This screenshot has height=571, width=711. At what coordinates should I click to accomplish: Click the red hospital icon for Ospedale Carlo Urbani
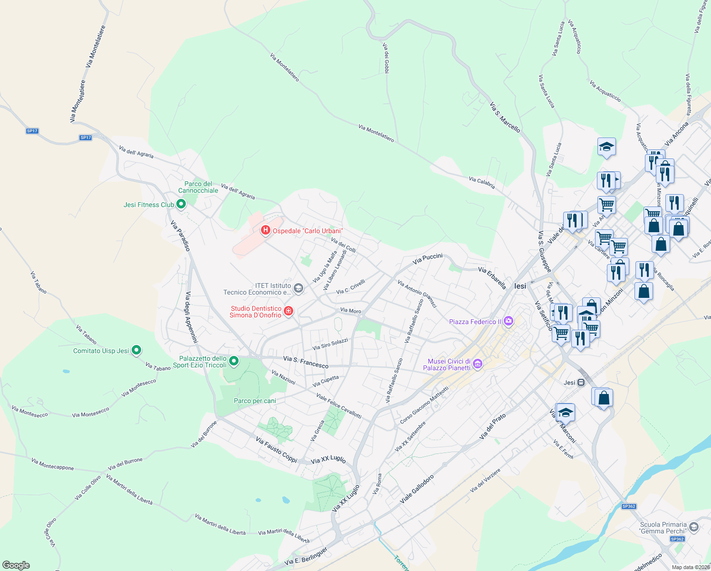tap(266, 231)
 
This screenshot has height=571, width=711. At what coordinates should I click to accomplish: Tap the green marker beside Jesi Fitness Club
tap(181, 205)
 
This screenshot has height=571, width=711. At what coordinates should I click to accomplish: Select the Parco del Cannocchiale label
tap(198, 187)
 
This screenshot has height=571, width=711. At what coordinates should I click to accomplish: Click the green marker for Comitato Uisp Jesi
tap(136, 351)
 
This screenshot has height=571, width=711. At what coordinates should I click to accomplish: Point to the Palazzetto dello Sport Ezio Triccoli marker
tap(234, 362)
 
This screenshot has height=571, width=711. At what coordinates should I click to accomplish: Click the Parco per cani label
tap(255, 401)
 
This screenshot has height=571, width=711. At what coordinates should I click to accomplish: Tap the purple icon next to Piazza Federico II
tap(509, 322)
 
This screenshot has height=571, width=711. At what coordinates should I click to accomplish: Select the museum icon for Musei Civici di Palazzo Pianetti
tap(478, 364)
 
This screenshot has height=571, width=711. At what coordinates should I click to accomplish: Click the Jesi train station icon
tap(581, 383)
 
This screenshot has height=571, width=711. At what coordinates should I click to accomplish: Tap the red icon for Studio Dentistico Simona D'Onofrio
tap(288, 312)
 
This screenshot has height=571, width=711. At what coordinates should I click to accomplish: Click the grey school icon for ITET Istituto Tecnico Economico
tap(298, 288)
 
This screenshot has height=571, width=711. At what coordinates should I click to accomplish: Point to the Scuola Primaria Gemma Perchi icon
tap(693, 527)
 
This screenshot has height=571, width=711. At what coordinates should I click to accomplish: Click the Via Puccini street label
tap(427, 258)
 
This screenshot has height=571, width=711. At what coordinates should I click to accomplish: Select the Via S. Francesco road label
tap(306, 362)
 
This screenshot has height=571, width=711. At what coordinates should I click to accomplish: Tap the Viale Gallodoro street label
tap(417, 489)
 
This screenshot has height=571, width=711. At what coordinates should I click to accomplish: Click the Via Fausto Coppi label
tap(276, 450)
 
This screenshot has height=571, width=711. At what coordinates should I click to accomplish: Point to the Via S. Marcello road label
tap(505, 117)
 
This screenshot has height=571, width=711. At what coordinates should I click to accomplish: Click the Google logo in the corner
tap(16, 565)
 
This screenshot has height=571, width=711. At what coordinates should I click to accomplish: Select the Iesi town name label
tap(520, 286)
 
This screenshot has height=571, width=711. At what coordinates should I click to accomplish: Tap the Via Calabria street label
tap(481, 182)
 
